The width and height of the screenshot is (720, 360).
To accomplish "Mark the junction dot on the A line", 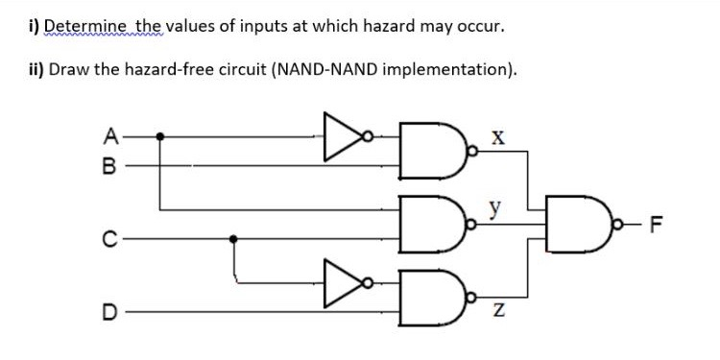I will (159, 136).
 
